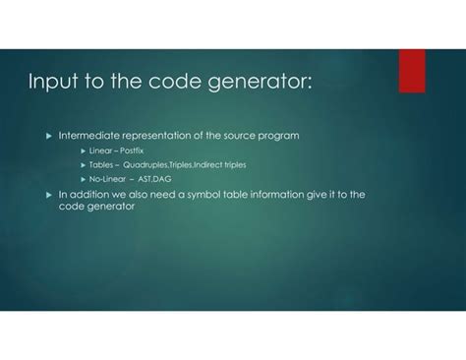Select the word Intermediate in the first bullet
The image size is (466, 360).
click(90, 134)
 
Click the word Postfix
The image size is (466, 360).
click(131, 150)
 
